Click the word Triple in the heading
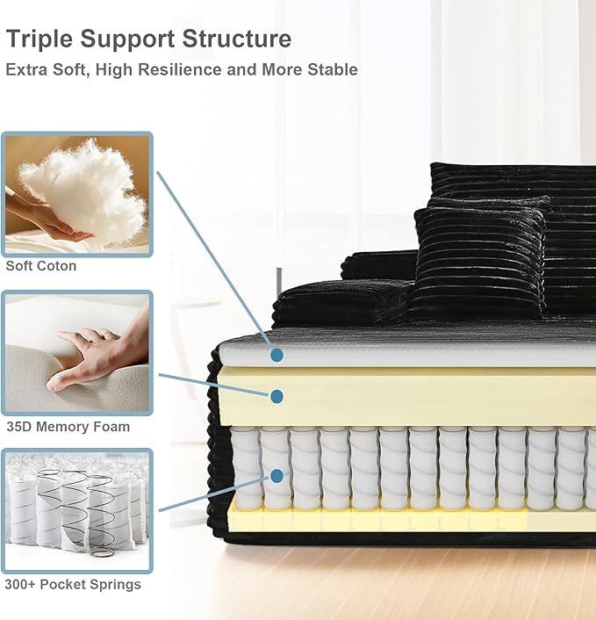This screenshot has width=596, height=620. pyautogui.click(x=39, y=40)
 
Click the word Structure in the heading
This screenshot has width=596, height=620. pyautogui.click(x=236, y=39)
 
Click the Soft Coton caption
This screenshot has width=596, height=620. pyautogui.click(x=41, y=266)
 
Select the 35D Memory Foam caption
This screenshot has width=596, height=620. pyautogui.click(x=68, y=427)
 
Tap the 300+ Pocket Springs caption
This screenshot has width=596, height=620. pyautogui.click(x=73, y=584)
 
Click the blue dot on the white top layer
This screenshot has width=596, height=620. pyautogui.click(x=277, y=355)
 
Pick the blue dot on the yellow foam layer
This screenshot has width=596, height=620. pyautogui.click(x=277, y=396)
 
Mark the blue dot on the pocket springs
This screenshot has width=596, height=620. pyautogui.click(x=277, y=476)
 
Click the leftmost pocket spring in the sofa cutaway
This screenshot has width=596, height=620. pyautogui.click(x=246, y=469)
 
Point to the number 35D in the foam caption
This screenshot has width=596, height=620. pyautogui.click(x=19, y=427)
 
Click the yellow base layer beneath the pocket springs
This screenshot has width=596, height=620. pyautogui.click(x=411, y=520)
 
